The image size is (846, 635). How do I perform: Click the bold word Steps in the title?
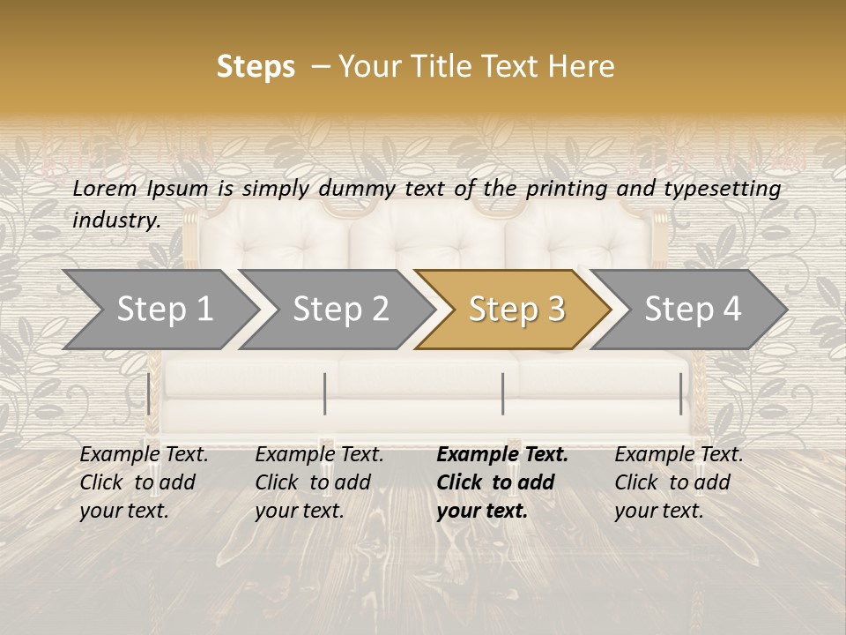[256, 67]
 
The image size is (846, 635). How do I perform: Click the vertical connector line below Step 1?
[148, 393]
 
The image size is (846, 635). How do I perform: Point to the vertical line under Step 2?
[325, 393]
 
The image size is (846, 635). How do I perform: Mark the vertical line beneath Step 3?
[502, 393]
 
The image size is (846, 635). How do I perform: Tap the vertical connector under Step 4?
[680, 393]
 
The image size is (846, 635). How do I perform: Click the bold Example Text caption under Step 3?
[502, 482]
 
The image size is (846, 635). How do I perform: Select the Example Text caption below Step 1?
[144, 482]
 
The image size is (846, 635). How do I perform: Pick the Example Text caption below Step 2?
[319, 482]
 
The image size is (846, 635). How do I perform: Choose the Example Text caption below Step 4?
[679, 482]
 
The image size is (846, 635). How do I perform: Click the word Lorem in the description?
[105, 188]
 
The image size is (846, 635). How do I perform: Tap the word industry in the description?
[115, 220]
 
